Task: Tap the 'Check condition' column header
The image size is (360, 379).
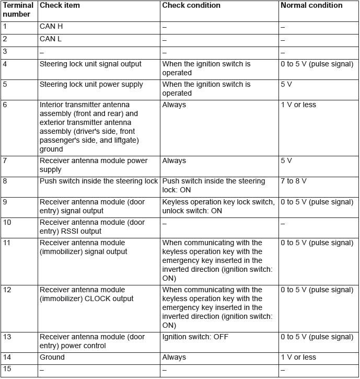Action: coord(191,6)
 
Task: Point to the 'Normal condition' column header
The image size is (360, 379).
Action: coord(311,6)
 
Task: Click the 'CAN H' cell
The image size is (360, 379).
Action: coord(51,26)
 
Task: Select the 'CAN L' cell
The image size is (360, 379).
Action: coord(51,39)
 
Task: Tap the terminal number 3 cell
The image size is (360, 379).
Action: coord(5,52)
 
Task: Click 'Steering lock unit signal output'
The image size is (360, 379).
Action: coord(90,64)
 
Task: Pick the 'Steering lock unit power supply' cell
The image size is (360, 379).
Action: coord(91,85)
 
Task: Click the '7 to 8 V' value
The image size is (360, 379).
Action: coord(293,181)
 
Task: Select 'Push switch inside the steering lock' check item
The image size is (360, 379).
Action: coord(99,181)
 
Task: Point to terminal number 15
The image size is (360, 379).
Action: coord(7,369)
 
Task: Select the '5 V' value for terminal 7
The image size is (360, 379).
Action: coord(286,161)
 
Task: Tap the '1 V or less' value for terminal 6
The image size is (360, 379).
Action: coord(298,105)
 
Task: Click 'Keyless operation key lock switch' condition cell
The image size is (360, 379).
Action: coord(218,206)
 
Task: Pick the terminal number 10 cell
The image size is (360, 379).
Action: coord(7,222)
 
